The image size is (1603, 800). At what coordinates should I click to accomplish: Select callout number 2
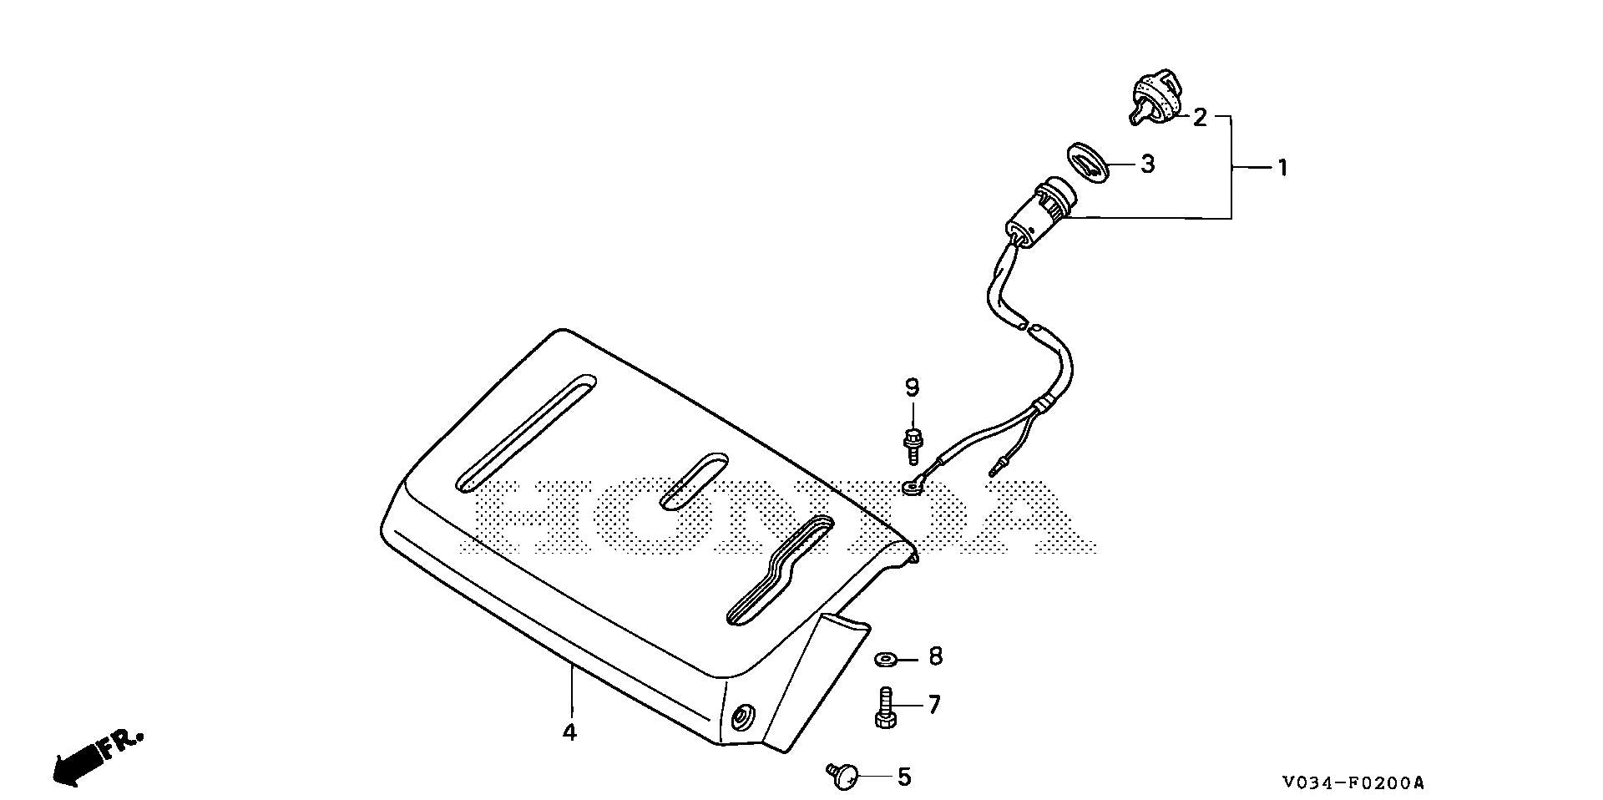coord(1200,118)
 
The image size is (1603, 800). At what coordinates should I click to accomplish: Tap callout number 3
coord(1148,165)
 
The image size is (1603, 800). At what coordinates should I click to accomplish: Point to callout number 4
coord(569,732)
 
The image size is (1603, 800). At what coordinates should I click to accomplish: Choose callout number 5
coord(904,778)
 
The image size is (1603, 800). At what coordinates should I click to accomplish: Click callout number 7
coord(933,705)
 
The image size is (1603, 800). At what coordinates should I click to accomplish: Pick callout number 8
coord(935,657)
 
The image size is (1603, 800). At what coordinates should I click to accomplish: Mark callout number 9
coord(912,387)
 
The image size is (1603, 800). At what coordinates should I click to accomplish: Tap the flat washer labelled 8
coord(885,660)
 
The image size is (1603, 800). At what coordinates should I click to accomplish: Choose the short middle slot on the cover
coord(694,482)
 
